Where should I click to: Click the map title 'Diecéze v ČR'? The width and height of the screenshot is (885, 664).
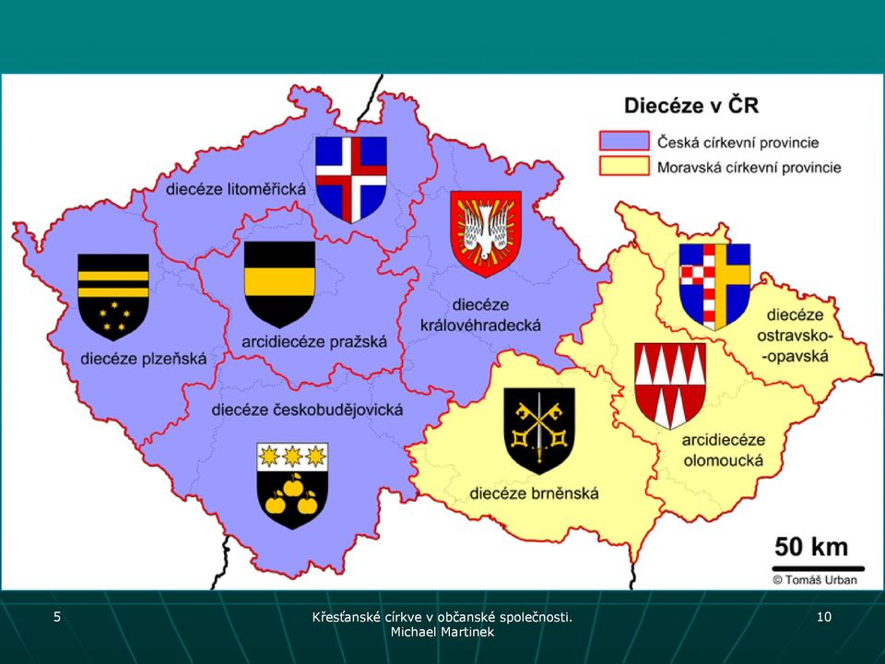click(x=690, y=105)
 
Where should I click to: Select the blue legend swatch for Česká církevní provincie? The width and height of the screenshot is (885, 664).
click(x=624, y=140)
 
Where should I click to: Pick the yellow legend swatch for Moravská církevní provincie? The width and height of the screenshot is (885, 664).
click(x=624, y=166)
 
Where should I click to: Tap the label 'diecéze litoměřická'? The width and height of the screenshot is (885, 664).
click(x=235, y=188)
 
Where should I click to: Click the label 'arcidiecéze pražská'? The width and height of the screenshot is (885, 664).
click(x=314, y=341)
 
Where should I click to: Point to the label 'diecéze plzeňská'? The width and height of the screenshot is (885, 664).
click(x=144, y=359)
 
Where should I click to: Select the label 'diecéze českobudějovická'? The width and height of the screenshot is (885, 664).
click(x=307, y=409)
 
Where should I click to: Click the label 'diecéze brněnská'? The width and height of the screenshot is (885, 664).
click(x=534, y=493)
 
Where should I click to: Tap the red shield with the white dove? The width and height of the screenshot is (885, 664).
click(x=486, y=233)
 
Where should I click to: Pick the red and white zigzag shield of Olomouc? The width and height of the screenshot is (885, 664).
click(x=670, y=385)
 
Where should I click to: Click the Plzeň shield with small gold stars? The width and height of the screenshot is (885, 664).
click(x=113, y=297)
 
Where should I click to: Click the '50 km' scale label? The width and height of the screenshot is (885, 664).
click(x=811, y=547)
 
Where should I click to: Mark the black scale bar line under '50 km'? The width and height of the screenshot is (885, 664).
click(x=819, y=569)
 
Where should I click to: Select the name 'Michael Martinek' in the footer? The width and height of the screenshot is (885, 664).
click(x=442, y=632)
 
